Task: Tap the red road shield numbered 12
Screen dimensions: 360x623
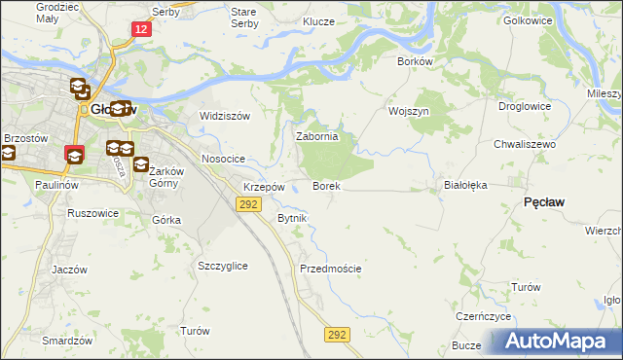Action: coord(142,31)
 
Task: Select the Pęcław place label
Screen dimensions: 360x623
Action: coord(544,201)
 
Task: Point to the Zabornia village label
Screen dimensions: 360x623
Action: coord(316,137)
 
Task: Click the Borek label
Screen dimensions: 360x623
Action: coord(325,186)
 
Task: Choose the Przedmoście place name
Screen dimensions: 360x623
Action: coord(331,269)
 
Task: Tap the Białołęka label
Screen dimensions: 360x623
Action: coord(464,184)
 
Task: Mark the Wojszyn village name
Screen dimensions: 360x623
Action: coord(408,111)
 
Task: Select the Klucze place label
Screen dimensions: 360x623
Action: coord(318,21)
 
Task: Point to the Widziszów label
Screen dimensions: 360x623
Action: coord(225,116)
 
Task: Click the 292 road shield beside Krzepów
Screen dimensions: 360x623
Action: coord(248,203)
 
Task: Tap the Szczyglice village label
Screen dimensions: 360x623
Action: coord(222,266)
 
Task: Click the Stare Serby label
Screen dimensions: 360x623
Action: coord(243,17)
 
